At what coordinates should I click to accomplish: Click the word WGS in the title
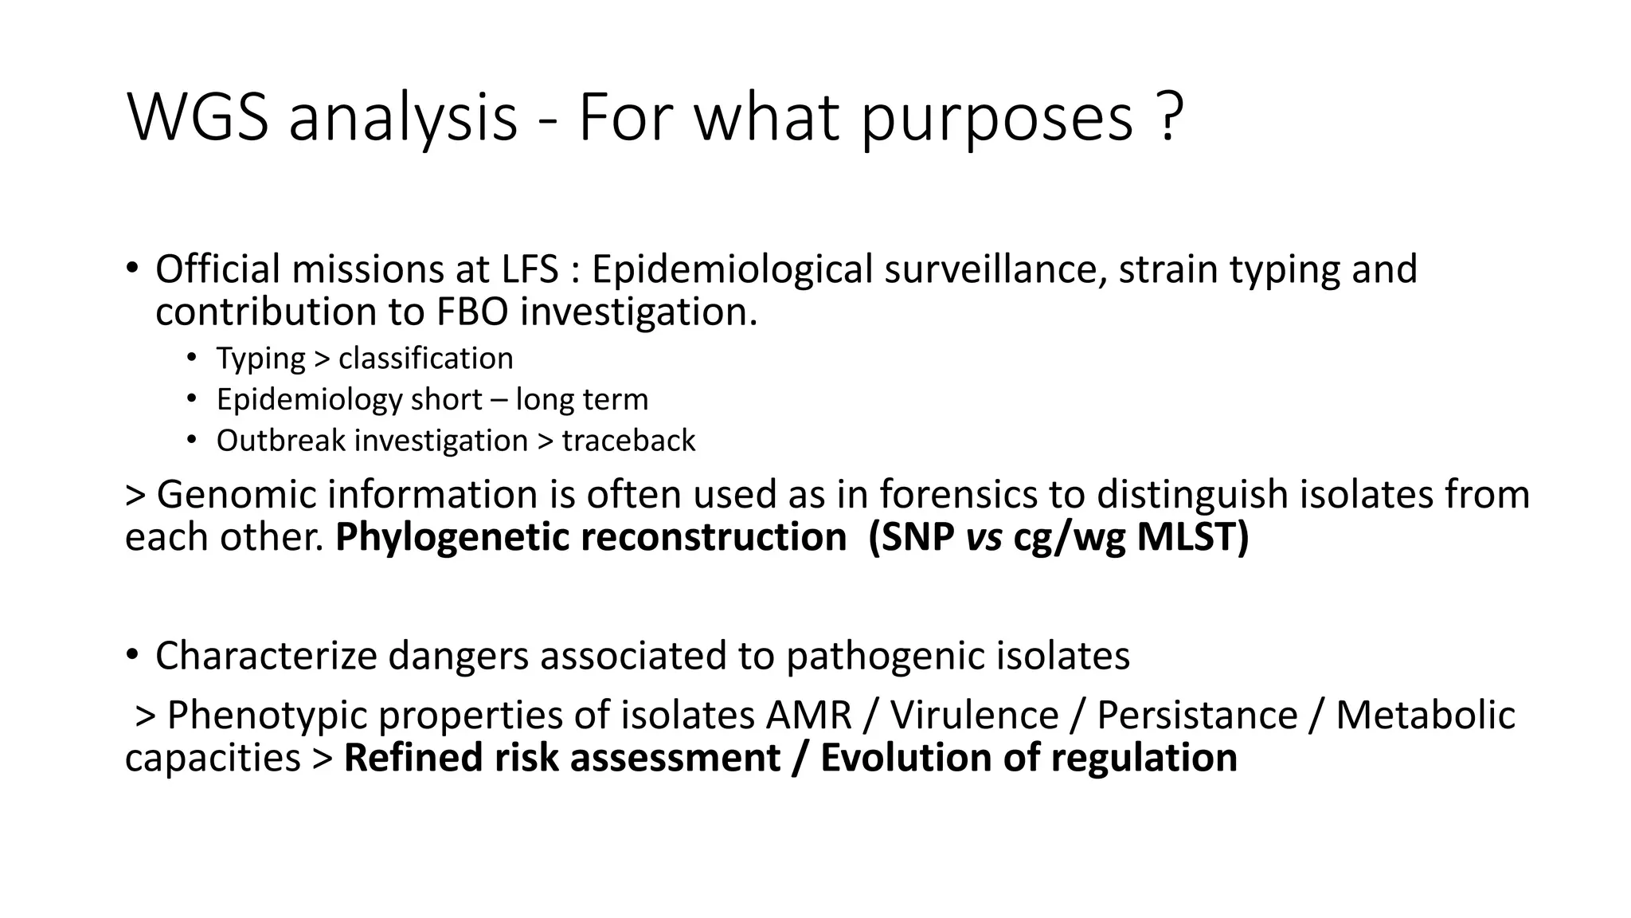198,118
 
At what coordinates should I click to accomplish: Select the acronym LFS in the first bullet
530,269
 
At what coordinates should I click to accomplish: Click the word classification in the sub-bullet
425,359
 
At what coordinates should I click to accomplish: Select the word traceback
628,441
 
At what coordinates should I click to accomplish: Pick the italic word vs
984,537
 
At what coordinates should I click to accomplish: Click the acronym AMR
808,715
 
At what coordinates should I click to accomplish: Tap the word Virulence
973,715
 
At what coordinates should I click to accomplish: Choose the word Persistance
1196,715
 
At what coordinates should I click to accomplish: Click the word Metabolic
1425,715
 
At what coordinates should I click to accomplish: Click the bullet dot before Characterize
132,654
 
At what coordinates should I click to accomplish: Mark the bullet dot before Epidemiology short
191,398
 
